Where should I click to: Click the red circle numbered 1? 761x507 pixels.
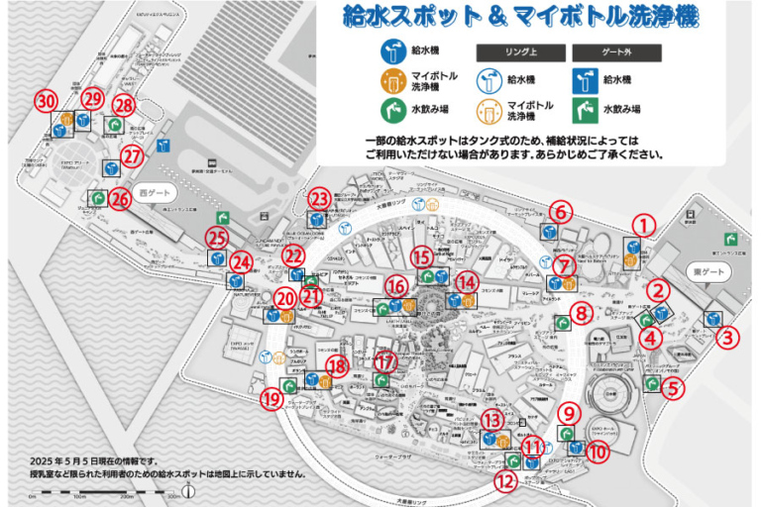644,225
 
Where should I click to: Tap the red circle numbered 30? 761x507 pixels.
44,101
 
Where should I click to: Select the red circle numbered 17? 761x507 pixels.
385,360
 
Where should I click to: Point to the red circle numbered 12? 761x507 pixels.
505,482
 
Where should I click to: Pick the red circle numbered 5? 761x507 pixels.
673,387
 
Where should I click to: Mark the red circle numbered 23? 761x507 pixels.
319,197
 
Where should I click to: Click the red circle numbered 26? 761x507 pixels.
120,198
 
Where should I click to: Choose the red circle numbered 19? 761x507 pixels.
272,399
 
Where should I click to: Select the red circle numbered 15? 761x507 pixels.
423,257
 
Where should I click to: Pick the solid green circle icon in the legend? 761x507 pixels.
394,110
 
